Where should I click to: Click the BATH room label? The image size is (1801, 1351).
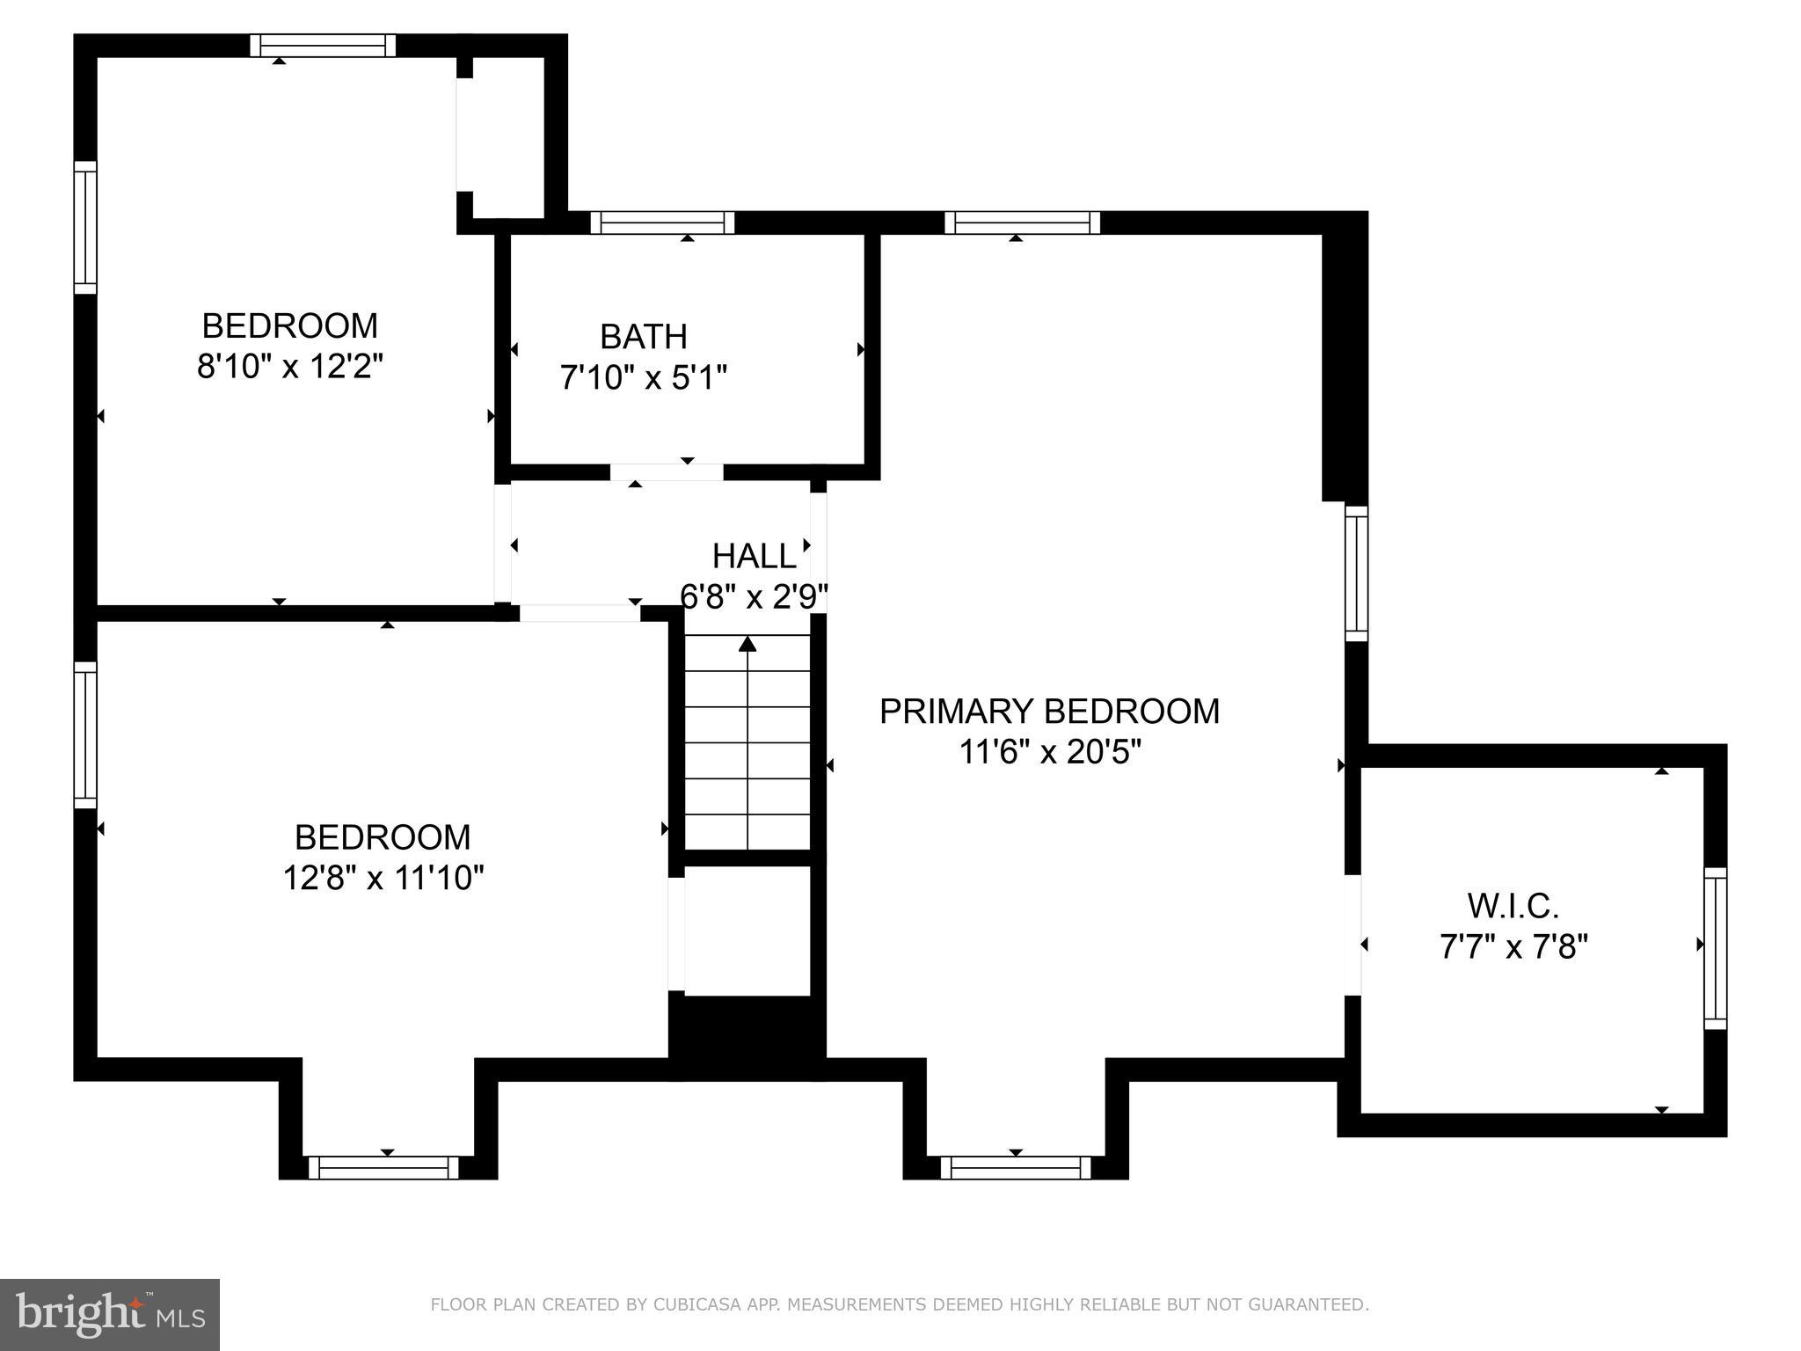pos(643,337)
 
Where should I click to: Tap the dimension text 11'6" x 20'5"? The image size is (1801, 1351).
pos(1049,753)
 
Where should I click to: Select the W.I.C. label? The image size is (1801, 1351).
pos(1513,905)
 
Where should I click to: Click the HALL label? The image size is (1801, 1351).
pos(754,557)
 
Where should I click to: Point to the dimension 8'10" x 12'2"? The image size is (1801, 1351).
pos(289,366)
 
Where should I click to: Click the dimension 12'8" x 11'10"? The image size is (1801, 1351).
pos(383,878)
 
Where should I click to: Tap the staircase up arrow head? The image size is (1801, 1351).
pos(747,644)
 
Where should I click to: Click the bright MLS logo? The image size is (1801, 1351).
pos(109,1315)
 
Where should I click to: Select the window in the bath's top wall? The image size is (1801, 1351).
pos(661,223)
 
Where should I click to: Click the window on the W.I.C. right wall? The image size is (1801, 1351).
pos(1715,948)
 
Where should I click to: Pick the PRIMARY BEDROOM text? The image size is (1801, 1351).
pos(1049,712)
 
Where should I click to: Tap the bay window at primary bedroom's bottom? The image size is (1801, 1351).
pos(1016,1167)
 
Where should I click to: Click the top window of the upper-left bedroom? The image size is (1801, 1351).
pos(323,46)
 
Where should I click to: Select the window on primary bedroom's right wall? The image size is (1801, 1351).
pos(1356,573)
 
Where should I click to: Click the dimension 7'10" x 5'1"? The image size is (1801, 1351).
pos(643,378)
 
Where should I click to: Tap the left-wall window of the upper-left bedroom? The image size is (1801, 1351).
pos(85,227)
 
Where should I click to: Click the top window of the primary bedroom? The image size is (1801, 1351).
pos(1022,223)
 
